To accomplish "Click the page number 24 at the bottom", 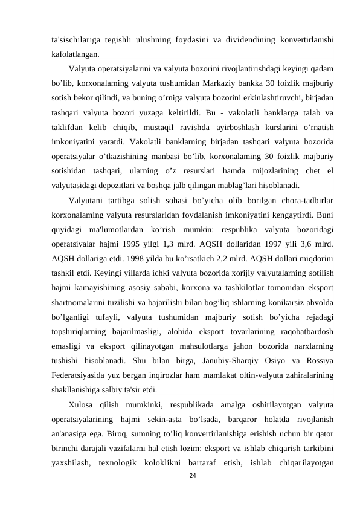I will pyautogui.click(x=193, y=476).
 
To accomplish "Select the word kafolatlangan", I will pyautogui.click(x=75, y=54).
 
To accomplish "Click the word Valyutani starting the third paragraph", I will pyautogui.click(x=87, y=200).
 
